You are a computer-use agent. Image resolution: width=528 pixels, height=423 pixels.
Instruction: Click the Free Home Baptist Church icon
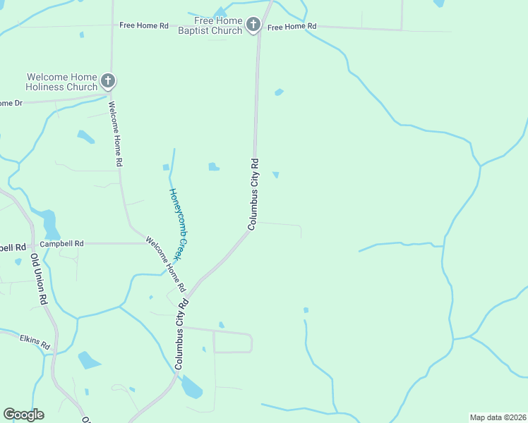click(x=253, y=26)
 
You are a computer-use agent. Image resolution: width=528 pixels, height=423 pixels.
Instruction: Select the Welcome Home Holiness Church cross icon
click(x=107, y=81)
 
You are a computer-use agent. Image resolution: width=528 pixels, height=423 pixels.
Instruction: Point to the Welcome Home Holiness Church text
click(x=61, y=82)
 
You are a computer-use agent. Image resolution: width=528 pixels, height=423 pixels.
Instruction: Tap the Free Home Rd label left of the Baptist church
click(x=144, y=25)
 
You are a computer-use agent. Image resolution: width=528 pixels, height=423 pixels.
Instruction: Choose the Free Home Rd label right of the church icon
click(x=292, y=27)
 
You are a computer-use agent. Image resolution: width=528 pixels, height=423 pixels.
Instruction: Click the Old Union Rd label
click(x=39, y=280)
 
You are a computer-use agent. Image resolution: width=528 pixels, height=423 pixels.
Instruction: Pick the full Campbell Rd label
click(x=61, y=244)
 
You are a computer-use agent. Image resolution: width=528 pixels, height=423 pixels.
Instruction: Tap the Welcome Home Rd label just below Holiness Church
click(x=115, y=133)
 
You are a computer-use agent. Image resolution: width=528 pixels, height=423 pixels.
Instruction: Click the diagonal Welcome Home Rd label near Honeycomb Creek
click(x=166, y=265)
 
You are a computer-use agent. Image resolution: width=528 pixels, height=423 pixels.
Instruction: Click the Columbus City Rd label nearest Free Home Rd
click(x=254, y=193)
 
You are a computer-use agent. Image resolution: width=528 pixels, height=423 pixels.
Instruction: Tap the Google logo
click(x=23, y=415)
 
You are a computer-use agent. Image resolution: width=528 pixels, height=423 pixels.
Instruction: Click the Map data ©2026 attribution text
click(x=498, y=417)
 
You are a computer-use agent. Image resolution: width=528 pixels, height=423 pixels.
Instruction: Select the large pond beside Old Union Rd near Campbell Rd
click(x=50, y=223)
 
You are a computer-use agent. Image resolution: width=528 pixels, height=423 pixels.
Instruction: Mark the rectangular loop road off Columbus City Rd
click(x=232, y=342)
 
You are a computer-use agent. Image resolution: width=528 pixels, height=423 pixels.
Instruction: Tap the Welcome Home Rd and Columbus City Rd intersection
click(x=189, y=290)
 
